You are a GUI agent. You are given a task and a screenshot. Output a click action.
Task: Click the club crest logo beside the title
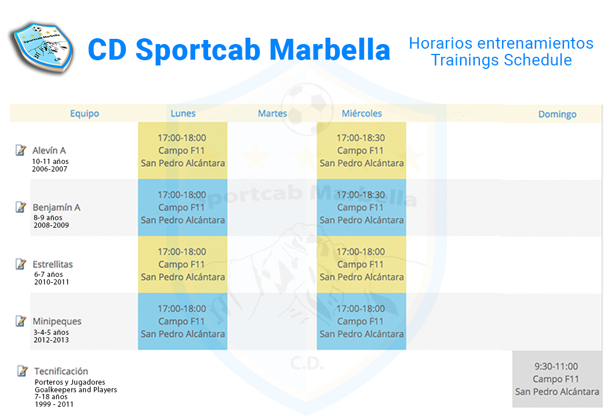[x=42, y=48]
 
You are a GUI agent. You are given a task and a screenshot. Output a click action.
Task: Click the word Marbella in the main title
[x=330, y=50]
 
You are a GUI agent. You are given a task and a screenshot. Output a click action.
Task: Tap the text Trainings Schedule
[x=501, y=60]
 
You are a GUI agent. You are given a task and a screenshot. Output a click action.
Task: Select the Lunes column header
[x=183, y=114]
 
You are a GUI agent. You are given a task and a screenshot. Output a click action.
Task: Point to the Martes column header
[x=272, y=114]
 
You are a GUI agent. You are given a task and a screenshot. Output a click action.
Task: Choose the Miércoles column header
[x=362, y=114]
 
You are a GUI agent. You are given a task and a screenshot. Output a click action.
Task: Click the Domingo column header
[x=557, y=114]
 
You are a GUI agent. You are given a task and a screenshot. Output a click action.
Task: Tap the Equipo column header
[x=85, y=114]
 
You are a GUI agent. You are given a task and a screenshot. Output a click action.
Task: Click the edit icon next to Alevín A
[x=21, y=150]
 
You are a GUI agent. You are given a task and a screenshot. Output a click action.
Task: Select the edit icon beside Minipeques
[x=21, y=321]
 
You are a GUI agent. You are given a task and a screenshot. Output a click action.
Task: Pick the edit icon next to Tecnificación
[x=22, y=371]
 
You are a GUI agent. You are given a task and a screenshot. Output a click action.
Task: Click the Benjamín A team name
[x=56, y=207]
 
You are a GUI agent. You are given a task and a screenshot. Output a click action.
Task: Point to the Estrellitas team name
[x=53, y=264]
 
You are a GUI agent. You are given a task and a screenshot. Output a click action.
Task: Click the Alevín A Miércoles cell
[x=362, y=151]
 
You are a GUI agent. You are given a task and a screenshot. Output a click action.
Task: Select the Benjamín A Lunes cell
[x=183, y=207]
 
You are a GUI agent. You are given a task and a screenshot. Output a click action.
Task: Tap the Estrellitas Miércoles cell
[x=362, y=264]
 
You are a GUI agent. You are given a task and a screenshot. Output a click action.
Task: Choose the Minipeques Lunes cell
[x=183, y=322]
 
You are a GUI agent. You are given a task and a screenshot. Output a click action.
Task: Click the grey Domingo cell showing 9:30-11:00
[x=557, y=379]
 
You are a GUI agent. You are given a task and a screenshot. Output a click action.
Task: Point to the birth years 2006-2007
[x=49, y=169]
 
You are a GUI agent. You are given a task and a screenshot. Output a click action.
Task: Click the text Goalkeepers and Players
[x=75, y=389]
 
